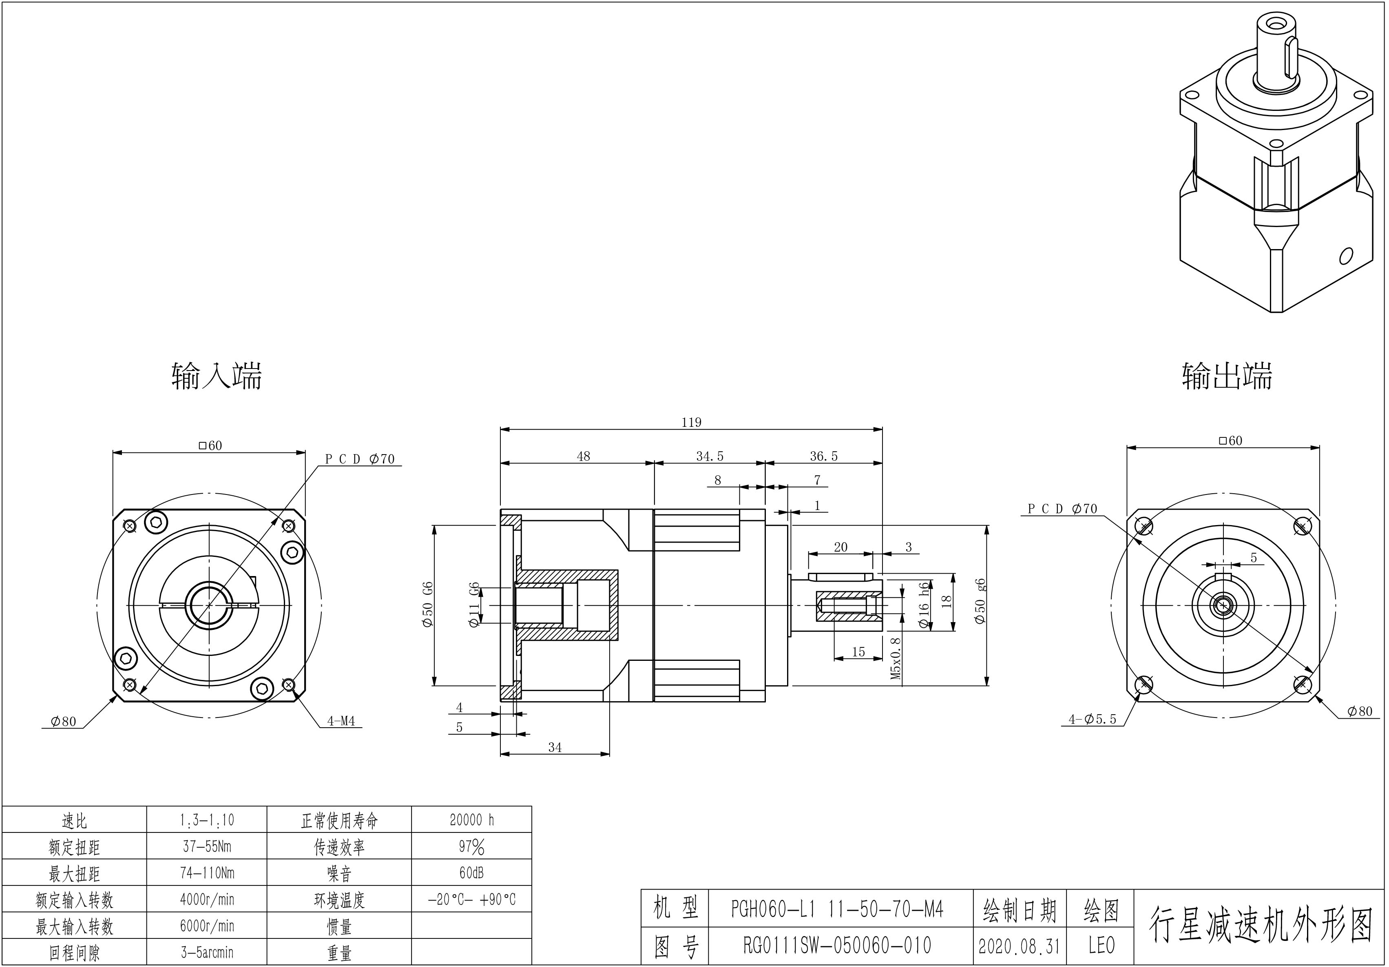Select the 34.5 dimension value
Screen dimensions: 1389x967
710,456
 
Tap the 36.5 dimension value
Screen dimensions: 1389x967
824,456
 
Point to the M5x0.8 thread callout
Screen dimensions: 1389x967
896,658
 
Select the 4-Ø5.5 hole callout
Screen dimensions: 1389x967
1092,719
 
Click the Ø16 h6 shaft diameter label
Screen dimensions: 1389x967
924,605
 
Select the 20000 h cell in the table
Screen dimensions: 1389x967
472,820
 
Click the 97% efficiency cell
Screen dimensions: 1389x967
471,847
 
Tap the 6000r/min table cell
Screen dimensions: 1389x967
207,926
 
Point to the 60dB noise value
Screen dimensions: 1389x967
471,873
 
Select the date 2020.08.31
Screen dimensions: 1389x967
1020,946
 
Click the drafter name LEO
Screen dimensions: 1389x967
1101,945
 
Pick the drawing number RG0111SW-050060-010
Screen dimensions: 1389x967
837,945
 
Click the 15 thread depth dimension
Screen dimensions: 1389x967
858,652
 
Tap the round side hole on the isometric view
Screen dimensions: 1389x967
1345,256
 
